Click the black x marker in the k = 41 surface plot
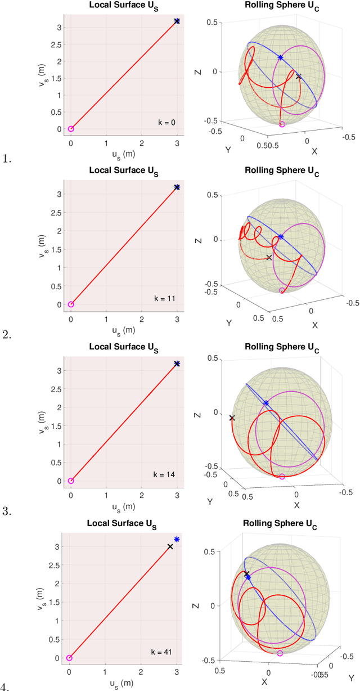pyautogui.click(x=170, y=546)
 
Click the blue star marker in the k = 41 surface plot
pyautogui.click(x=177, y=539)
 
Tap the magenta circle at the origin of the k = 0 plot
pyautogui.click(x=71, y=129)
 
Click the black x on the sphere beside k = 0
pyautogui.click(x=299, y=76)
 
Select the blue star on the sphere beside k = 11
pyautogui.click(x=281, y=237)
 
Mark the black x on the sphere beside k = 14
pyautogui.click(x=232, y=418)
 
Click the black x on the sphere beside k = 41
pyautogui.click(x=246, y=574)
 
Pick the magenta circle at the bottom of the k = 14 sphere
pyautogui.click(x=282, y=477)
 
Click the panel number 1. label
pyautogui.click(x=7, y=159)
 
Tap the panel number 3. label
pyautogui.click(x=7, y=512)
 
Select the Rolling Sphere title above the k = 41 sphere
pyautogui.click(x=278, y=524)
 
